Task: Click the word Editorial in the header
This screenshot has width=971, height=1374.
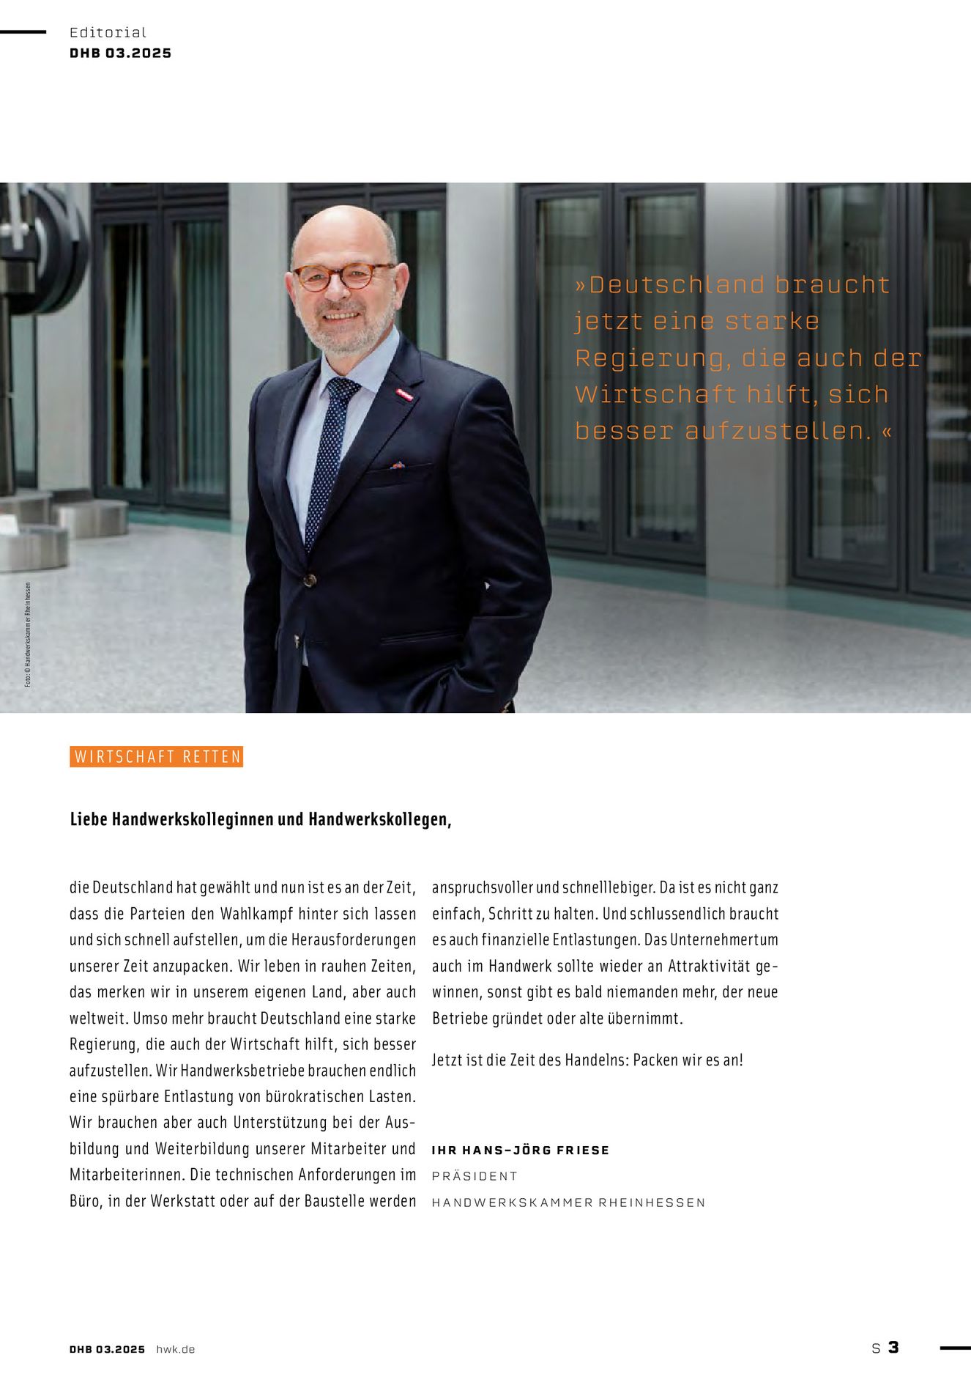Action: pos(108,32)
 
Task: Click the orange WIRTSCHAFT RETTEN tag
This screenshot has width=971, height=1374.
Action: pos(157,757)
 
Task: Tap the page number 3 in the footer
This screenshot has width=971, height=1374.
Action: pos(893,1347)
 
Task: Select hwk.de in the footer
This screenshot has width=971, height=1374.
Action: pos(176,1349)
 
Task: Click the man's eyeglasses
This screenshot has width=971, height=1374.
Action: pos(343,276)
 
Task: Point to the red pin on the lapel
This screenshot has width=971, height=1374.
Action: pos(404,396)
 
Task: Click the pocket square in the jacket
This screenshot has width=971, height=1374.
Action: pos(398,465)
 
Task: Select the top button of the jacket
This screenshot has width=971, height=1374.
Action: pos(310,580)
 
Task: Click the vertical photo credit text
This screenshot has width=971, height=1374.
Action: pos(28,635)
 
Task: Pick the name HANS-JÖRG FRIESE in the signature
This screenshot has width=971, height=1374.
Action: pos(536,1150)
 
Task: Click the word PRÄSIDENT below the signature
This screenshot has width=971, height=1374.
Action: pos(475,1176)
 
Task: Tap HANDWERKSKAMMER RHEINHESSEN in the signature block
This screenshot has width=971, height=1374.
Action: pos(568,1203)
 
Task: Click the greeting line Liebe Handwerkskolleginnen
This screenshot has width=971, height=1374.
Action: pos(260,819)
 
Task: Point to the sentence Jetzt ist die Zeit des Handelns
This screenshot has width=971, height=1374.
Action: pos(587,1060)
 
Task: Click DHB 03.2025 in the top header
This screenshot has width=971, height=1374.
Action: pos(121,53)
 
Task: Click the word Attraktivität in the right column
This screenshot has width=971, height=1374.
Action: pos(709,966)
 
